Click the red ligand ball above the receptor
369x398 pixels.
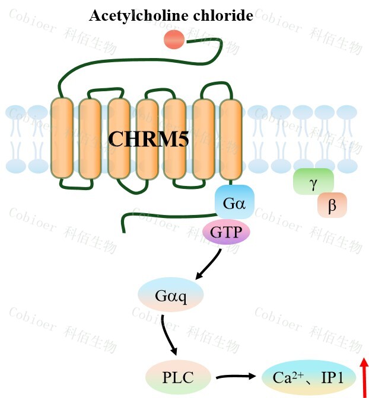(174, 40)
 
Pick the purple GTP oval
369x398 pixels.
(227, 232)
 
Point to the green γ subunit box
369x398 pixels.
(313, 183)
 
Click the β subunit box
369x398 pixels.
(332, 206)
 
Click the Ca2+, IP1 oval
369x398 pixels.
(308, 375)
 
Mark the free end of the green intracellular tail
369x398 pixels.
(124, 230)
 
